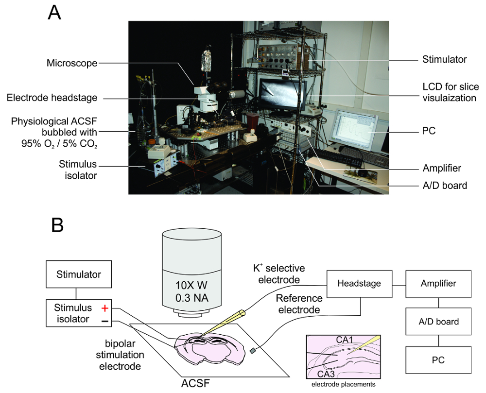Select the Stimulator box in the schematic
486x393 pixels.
pos(79,274)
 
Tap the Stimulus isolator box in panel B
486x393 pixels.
pos(79,313)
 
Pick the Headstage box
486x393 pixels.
pos(358,283)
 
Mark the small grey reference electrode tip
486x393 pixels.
pos(253,350)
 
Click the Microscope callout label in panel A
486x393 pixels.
pos(72,63)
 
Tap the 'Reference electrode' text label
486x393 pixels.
pos(299,304)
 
